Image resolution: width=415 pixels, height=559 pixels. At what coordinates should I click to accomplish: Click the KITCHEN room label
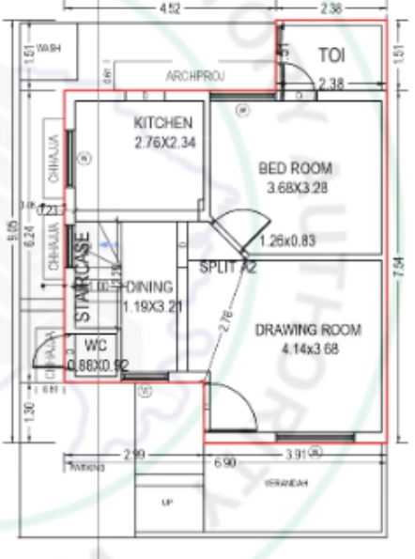coord(163,123)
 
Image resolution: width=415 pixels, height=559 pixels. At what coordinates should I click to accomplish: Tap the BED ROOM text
coord(295,168)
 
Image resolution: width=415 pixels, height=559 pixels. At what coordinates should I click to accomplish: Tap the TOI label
coord(331,55)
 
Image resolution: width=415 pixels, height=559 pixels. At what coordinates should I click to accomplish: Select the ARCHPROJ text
coord(194,75)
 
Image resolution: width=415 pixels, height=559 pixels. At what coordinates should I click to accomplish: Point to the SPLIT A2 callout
coord(228,267)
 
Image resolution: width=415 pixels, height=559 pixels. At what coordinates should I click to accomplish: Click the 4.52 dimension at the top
coord(170,8)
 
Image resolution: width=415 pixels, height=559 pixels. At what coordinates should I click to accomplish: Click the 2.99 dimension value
coord(134,455)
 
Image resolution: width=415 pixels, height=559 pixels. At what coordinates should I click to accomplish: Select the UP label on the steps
coord(167,503)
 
